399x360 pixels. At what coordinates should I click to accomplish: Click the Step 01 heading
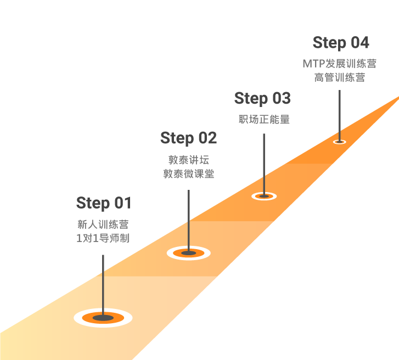(x=104, y=203)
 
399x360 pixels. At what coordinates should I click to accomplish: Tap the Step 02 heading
(x=189, y=138)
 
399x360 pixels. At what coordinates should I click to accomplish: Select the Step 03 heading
(x=262, y=98)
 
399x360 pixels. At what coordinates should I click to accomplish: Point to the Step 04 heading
(x=341, y=42)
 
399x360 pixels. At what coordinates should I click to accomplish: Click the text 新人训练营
(x=103, y=224)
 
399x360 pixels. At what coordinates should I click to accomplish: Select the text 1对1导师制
(x=103, y=238)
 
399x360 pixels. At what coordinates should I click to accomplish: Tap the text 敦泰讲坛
(x=189, y=160)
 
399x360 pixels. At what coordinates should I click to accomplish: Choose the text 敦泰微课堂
(x=189, y=174)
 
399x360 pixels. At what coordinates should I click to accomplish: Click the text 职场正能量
(x=264, y=119)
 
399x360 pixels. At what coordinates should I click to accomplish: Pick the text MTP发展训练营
(x=340, y=64)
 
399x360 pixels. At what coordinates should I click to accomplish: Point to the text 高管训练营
(x=340, y=77)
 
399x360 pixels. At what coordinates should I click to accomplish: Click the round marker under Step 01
(x=103, y=318)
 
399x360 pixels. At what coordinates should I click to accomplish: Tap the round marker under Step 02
(x=189, y=253)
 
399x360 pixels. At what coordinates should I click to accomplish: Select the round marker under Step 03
(x=264, y=196)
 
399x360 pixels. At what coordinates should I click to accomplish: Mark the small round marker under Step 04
(x=340, y=142)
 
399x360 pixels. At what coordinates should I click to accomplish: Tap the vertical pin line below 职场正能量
(x=264, y=165)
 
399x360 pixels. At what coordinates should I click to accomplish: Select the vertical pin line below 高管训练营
(x=340, y=116)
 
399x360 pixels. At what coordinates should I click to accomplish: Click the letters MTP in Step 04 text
(x=314, y=64)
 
